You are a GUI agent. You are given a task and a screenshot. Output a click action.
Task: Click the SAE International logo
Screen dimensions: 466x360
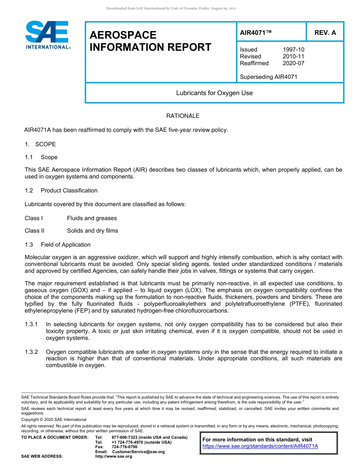coord(47,35)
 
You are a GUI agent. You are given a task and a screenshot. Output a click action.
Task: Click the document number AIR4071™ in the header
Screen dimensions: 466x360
coord(256,33)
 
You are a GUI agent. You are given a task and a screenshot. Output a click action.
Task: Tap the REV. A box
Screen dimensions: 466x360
coord(325,33)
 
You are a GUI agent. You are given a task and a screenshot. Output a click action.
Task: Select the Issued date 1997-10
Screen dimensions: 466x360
coord(293,50)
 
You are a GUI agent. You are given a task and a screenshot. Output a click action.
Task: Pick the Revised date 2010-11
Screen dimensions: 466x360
coord(293,56)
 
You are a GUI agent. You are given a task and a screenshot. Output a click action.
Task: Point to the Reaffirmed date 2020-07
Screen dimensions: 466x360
coord(293,63)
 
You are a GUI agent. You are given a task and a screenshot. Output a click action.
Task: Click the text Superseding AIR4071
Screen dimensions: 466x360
coord(268,77)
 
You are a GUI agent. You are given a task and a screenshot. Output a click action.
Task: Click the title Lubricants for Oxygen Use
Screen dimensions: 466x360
coord(214,93)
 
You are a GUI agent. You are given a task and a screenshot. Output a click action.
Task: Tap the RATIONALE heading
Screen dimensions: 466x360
coord(183,116)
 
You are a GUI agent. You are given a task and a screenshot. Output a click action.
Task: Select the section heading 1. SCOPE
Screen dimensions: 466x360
coord(40,144)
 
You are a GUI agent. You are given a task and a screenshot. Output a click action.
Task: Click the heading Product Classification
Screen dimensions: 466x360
coord(69,191)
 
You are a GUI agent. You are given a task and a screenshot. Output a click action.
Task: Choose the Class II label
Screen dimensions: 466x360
coord(34,231)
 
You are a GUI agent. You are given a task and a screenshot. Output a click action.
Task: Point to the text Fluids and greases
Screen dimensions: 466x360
coord(92,218)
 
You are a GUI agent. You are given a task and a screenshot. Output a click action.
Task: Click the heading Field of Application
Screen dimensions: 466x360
coord(66,245)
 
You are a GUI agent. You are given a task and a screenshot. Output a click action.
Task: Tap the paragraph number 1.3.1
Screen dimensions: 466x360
coord(31,324)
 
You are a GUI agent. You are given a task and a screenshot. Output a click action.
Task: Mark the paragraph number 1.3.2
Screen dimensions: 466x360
coord(31,352)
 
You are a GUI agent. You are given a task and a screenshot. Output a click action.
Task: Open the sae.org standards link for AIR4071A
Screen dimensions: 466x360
coord(260,446)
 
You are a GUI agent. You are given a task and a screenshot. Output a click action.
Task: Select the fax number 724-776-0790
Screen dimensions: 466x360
coord(124,447)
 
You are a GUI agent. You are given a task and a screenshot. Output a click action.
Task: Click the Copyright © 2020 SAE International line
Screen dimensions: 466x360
coord(54,419)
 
